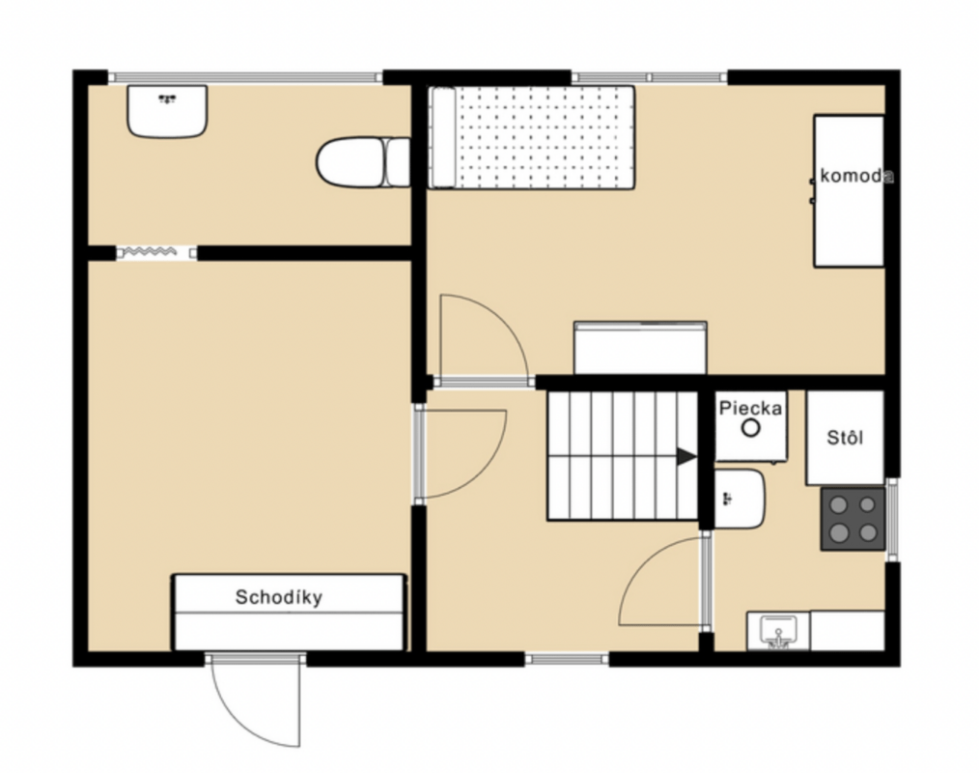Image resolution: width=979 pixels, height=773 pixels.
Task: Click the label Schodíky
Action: (278, 597)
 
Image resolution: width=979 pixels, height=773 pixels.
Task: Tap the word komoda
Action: (856, 176)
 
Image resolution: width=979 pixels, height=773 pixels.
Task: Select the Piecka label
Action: (750, 409)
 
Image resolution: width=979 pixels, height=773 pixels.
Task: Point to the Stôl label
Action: (846, 438)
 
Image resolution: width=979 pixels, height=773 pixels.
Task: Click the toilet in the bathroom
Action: (362, 162)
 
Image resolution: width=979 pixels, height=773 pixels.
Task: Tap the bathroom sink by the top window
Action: (167, 111)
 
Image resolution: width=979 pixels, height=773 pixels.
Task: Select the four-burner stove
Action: (853, 519)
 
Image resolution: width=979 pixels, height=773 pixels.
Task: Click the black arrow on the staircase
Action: (686, 457)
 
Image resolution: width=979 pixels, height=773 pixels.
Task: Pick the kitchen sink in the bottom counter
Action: (778, 631)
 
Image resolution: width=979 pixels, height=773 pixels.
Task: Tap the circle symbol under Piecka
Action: (750, 428)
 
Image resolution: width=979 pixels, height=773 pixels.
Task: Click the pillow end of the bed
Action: (442, 137)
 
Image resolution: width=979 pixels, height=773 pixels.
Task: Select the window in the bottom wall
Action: (567, 659)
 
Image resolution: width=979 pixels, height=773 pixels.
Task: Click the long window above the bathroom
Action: (246, 77)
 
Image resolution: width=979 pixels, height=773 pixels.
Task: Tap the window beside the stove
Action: (892, 518)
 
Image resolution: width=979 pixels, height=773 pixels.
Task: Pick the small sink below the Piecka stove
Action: (740, 499)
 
